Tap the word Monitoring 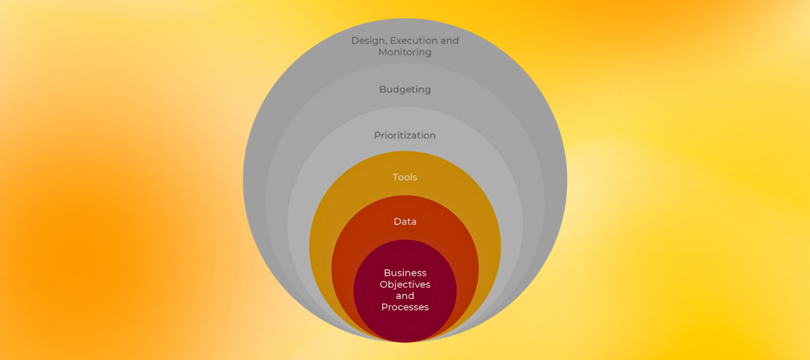tap(405, 52)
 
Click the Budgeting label tap(405, 89)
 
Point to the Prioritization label tap(405, 136)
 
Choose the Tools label tap(405, 177)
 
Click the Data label tap(405, 222)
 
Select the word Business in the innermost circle tap(405, 273)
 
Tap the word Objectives tap(405, 285)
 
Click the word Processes tap(405, 307)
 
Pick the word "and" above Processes tap(405, 296)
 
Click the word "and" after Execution tap(449, 40)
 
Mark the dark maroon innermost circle tap(405, 326)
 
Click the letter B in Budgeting tap(382, 89)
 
